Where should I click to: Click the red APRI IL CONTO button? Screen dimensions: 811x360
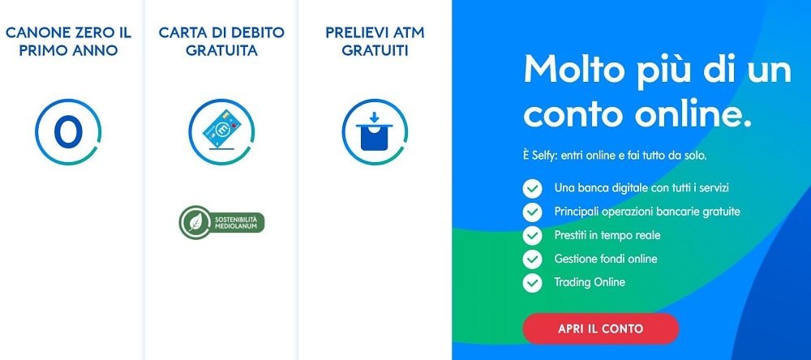[600, 328]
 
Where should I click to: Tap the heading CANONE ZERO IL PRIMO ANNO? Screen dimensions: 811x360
[68, 41]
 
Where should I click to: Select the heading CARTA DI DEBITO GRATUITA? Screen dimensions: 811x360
[221, 41]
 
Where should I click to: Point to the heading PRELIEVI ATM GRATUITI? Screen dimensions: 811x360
[375, 41]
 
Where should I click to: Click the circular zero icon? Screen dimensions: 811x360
[68, 132]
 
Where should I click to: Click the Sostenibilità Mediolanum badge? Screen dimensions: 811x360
[221, 222]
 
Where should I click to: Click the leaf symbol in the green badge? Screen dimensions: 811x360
[195, 222]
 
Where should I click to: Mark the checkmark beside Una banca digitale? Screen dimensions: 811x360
[532, 188]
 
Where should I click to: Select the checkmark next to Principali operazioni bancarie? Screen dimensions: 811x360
[532, 212]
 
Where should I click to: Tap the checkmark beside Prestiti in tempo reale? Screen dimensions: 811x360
[532, 235]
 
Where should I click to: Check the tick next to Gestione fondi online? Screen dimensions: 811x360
[532, 259]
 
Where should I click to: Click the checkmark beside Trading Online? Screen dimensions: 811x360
[532, 283]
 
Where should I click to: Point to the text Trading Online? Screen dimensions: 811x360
[590, 282]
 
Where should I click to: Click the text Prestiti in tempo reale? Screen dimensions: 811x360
[607, 235]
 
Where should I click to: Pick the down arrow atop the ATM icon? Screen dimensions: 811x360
[375, 117]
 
